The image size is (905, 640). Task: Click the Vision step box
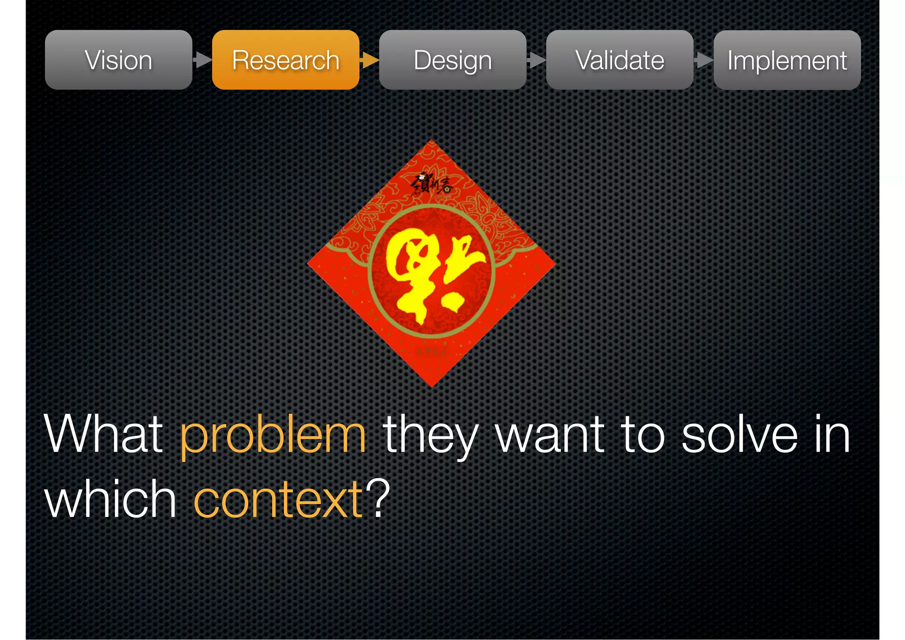[x=118, y=60]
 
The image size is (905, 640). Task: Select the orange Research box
[x=285, y=60]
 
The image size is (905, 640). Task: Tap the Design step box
[x=452, y=60]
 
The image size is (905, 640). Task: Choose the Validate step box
[x=620, y=60]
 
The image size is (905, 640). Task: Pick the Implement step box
[x=787, y=60]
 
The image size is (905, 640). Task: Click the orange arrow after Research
[x=369, y=60]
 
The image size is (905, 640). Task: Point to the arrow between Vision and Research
[x=202, y=60]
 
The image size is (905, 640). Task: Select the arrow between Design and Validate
[x=536, y=60]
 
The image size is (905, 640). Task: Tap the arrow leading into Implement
[x=703, y=60]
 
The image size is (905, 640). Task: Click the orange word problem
[x=273, y=437]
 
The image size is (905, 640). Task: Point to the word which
[x=110, y=499]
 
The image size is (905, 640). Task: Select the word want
[x=550, y=435]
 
